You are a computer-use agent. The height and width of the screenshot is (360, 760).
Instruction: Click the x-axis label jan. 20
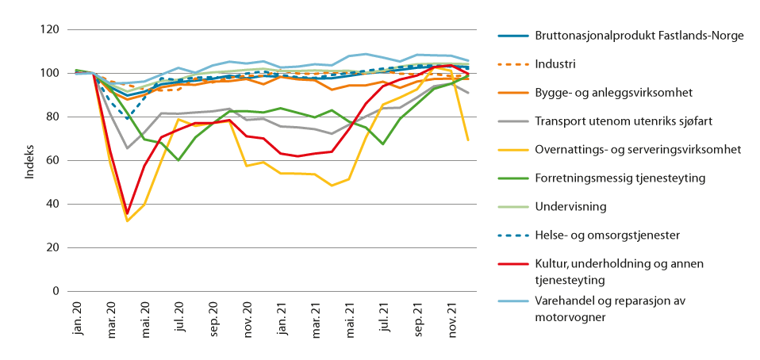click(77, 312)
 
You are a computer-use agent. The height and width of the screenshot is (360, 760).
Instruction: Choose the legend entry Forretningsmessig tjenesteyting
click(620, 178)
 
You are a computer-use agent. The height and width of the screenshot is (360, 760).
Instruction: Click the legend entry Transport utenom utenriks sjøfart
click(624, 121)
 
